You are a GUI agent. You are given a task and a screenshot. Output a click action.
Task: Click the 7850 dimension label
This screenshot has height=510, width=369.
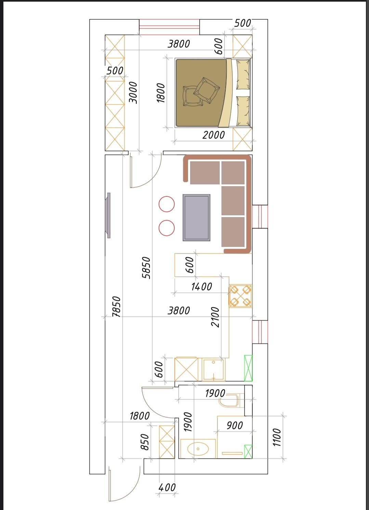116,307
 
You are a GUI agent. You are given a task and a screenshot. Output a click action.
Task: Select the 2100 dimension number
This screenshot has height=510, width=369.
215,317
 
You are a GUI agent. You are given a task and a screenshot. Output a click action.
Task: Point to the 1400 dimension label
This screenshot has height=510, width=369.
201,286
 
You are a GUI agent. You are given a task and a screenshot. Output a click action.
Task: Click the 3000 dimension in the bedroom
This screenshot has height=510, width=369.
133,93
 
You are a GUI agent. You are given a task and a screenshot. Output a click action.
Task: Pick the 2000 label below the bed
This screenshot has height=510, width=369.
213,135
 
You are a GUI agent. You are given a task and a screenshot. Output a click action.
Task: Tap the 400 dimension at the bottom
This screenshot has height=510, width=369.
167,487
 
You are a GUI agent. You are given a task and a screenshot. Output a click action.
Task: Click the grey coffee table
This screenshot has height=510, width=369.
196,217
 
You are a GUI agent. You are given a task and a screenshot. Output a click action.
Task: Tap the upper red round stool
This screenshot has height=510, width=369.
167,204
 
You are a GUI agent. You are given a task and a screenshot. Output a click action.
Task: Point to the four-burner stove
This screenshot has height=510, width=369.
240,296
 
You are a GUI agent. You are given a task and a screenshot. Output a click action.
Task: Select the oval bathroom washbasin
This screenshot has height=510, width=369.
198,449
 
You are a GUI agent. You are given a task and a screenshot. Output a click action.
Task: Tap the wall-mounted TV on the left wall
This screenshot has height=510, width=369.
108,215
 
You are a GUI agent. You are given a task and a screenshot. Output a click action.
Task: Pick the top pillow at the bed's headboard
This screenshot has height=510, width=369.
243,75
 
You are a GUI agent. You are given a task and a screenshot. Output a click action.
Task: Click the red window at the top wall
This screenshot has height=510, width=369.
169,27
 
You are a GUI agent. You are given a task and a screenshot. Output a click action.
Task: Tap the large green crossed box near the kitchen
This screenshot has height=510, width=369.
248,368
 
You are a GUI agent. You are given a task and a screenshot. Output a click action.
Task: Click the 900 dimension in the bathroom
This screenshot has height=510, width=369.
235,425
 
